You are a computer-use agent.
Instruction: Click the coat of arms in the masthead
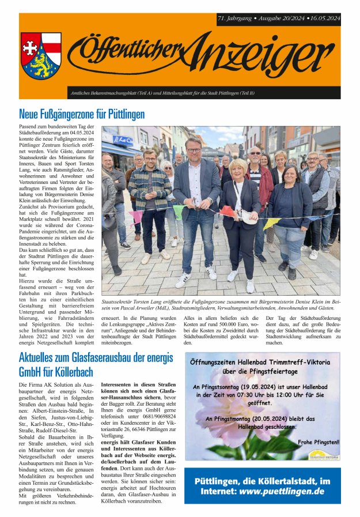coord(41,55)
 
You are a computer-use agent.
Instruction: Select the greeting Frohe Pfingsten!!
coord(319,442)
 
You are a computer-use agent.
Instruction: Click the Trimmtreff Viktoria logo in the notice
coord(323,455)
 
